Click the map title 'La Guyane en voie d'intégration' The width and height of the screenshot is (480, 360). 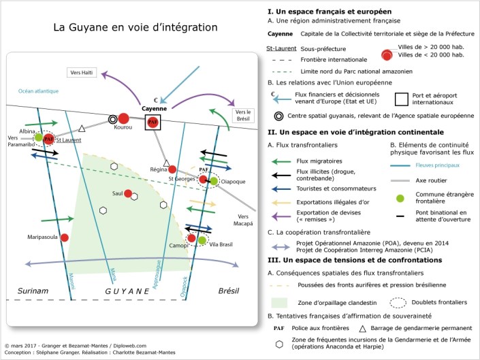coord(135,28)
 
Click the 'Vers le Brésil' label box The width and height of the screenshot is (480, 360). coord(243,115)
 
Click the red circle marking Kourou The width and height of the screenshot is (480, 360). coord(124,118)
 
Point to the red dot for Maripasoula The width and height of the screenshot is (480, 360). coord(65,238)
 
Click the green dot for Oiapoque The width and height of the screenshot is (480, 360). coord(214,181)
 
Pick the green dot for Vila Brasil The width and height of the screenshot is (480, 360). coord(202,240)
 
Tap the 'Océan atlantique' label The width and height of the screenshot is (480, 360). coord(39,91)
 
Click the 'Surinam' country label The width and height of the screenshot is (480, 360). coord(33,291)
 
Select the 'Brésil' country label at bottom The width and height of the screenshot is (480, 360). coord(229,291)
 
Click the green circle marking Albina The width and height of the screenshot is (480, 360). coord(39,137)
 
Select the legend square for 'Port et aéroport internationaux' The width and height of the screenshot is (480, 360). coord(402,99)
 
